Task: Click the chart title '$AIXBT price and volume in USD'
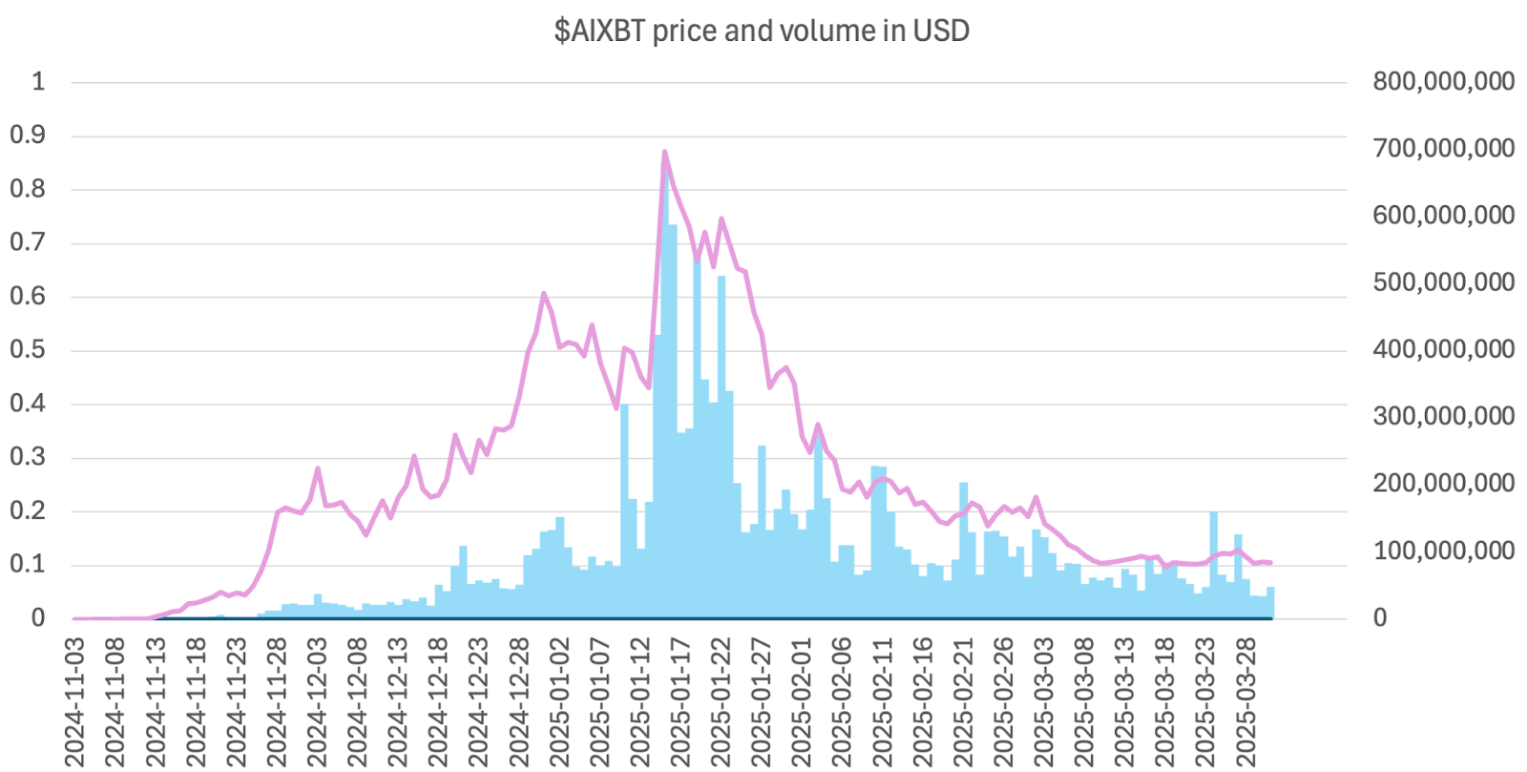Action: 762,31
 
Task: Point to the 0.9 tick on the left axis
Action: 27,136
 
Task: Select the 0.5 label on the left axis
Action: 27,350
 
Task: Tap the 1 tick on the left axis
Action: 38,81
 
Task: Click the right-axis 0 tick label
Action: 1380,618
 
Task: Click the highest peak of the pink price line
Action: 664,152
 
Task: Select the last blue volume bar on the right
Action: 1270,603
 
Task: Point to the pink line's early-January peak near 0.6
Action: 544,294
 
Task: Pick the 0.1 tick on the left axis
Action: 27,565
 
